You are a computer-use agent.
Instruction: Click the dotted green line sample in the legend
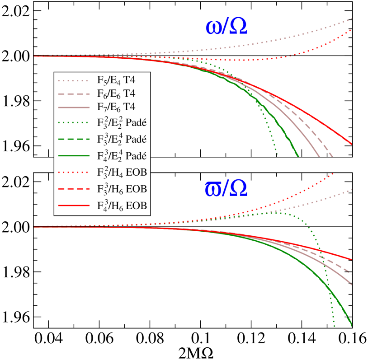(x=74, y=122)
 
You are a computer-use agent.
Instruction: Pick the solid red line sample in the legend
(x=74, y=206)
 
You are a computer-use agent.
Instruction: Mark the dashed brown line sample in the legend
(x=74, y=94)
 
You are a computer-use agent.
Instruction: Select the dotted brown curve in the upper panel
(x=294, y=36)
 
